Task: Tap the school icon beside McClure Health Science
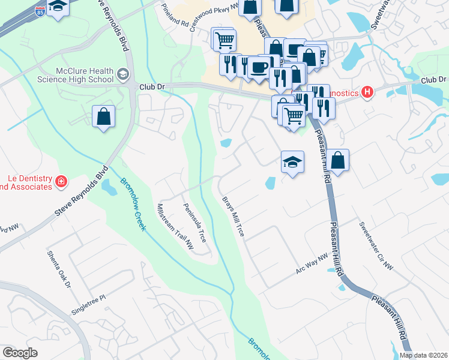tap(124, 74)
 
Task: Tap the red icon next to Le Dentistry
tap(61, 181)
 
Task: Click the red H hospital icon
tap(368, 92)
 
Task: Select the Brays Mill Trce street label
tap(233, 216)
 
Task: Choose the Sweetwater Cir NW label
tap(376, 245)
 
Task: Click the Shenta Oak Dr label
tap(59, 269)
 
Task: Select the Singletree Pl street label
tap(88, 302)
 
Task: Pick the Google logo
tap(20, 353)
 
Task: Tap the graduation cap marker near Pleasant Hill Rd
tap(292, 162)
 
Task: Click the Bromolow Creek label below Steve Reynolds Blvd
tap(131, 205)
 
